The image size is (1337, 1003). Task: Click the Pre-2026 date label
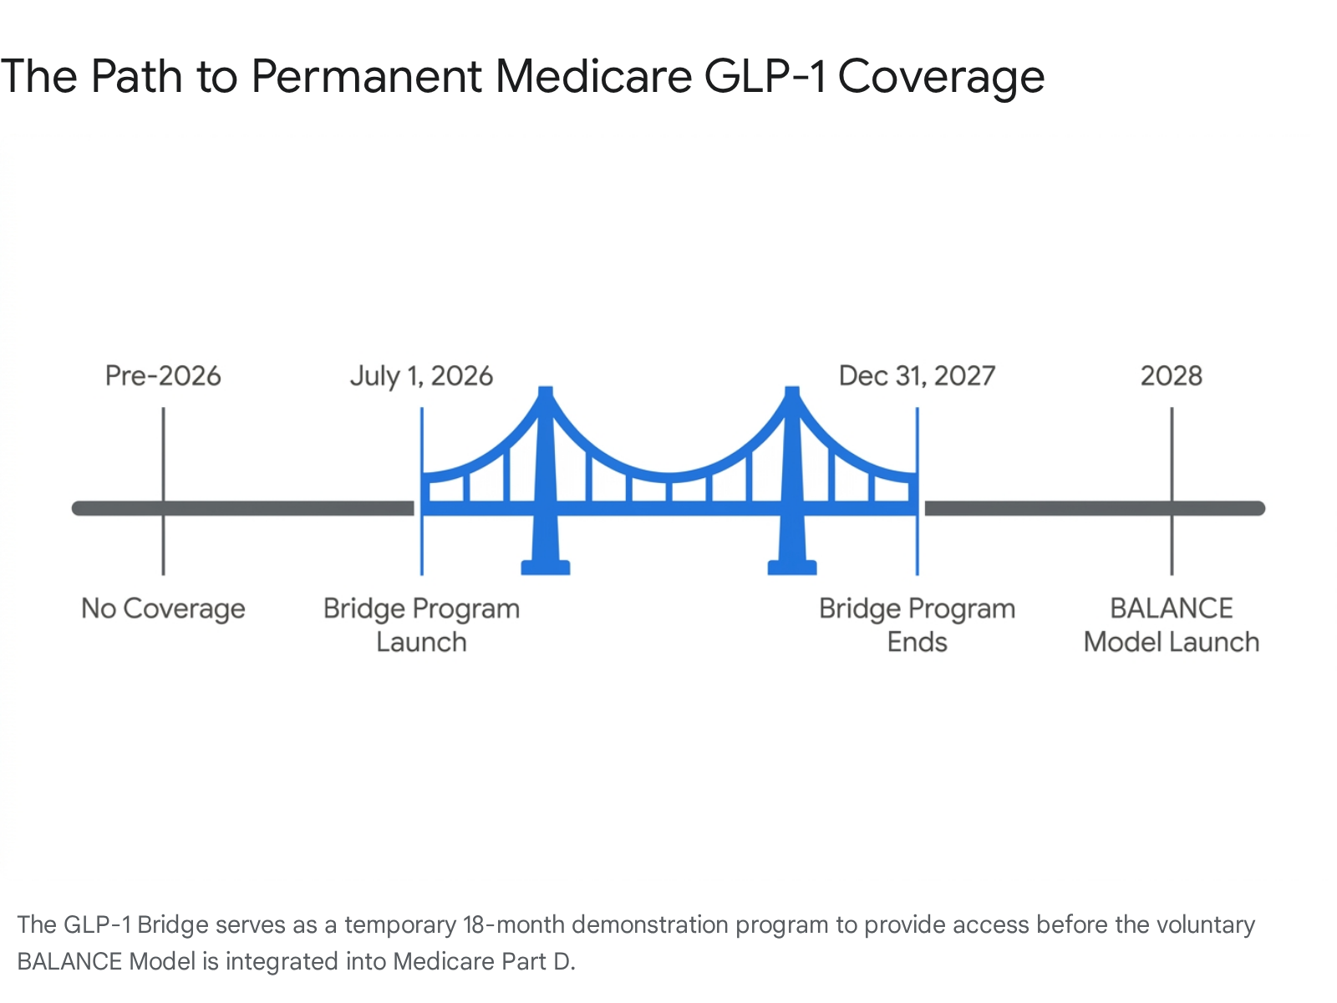[x=163, y=376]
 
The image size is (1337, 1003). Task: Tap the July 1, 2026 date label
[x=421, y=376]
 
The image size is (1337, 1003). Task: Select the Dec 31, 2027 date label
[x=917, y=376]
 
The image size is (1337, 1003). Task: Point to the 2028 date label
[x=1172, y=376]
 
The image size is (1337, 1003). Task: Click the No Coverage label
[x=163, y=608]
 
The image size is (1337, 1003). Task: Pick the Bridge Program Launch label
[x=421, y=625]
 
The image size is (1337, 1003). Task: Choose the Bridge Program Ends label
[x=917, y=625]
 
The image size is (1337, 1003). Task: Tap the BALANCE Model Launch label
[x=1172, y=625]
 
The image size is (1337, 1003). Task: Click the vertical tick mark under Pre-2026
[x=163, y=491]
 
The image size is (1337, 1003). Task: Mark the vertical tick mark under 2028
[x=1172, y=491]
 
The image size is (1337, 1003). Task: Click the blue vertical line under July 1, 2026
[x=421, y=491]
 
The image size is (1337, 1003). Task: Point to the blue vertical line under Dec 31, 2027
[x=918, y=491]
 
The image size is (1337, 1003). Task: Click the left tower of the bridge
[x=546, y=475]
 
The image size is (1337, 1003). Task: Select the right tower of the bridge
[x=792, y=475]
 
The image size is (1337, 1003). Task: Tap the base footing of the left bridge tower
[x=546, y=568]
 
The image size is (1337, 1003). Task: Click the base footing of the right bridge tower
[x=792, y=568]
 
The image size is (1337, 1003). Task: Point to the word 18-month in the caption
[x=513, y=924]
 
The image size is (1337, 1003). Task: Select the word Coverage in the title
[x=941, y=78]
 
